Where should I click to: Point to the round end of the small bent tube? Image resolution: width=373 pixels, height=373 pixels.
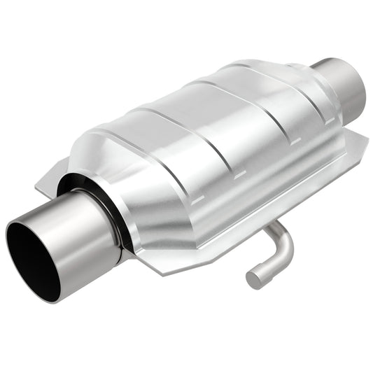click(254, 279)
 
